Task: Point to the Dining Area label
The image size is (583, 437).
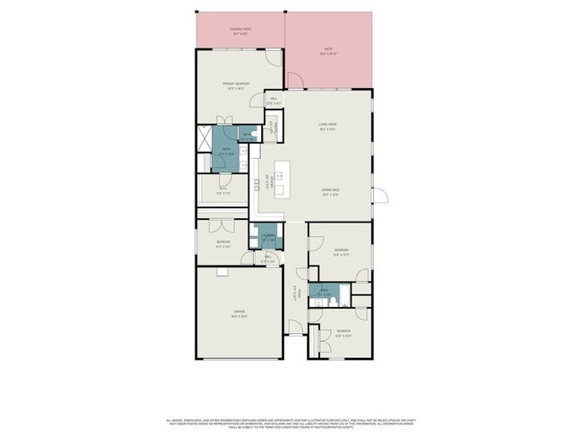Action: click(327, 191)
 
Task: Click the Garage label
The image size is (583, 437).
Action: click(239, 313)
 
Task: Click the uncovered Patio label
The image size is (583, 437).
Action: click(327, 52)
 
